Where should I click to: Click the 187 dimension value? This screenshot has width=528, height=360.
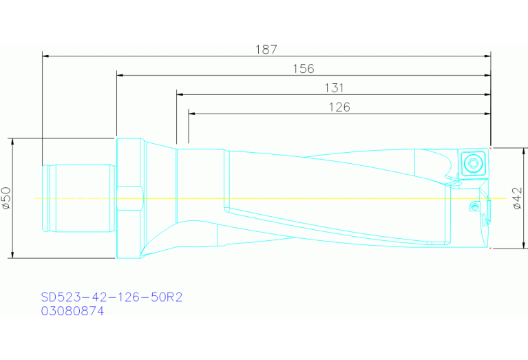266,50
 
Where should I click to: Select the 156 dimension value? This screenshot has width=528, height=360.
304,69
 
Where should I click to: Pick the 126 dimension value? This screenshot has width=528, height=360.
339,107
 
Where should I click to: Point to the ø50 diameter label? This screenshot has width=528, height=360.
6,198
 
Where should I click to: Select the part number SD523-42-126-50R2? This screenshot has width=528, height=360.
111,297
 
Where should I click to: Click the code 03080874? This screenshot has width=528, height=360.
72,311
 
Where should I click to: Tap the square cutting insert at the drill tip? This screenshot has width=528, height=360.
474,163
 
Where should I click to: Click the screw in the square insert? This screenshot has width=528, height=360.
474,163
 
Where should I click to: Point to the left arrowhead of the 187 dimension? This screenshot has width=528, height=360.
45,55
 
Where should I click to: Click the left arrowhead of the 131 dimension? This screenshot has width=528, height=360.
180,94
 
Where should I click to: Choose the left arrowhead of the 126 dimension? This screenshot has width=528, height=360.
191,112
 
